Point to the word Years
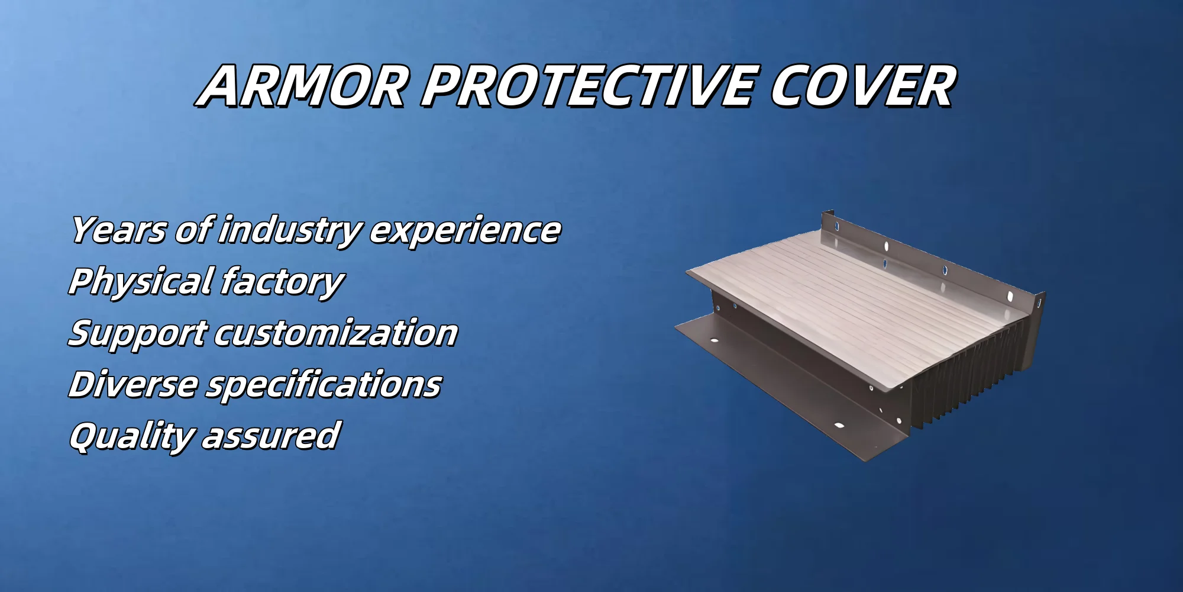point(118,230)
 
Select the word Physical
point(141,282)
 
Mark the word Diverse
point(133,385)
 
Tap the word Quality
point(131,437)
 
